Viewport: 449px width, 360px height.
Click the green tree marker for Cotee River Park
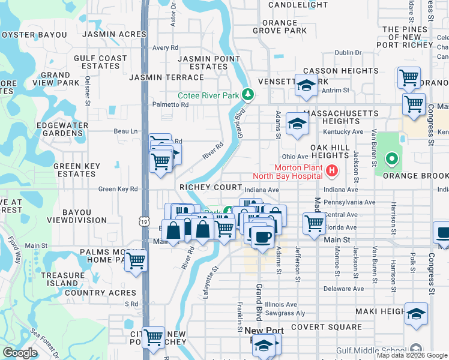[x=247, y=95]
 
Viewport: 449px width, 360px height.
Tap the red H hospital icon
[x=331, y=172]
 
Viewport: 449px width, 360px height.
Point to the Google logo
[x=20, y=353]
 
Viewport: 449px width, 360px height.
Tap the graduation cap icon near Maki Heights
[x=416, y=315]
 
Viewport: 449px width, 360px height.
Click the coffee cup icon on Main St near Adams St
[x=261, y=238]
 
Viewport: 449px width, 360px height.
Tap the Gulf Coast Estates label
[x=101, y=62]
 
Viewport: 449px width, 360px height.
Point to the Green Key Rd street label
[x=118, y=189]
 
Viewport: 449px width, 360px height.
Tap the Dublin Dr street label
[x=348, y=53]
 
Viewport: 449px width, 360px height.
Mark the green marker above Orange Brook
[x=391, y=159]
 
